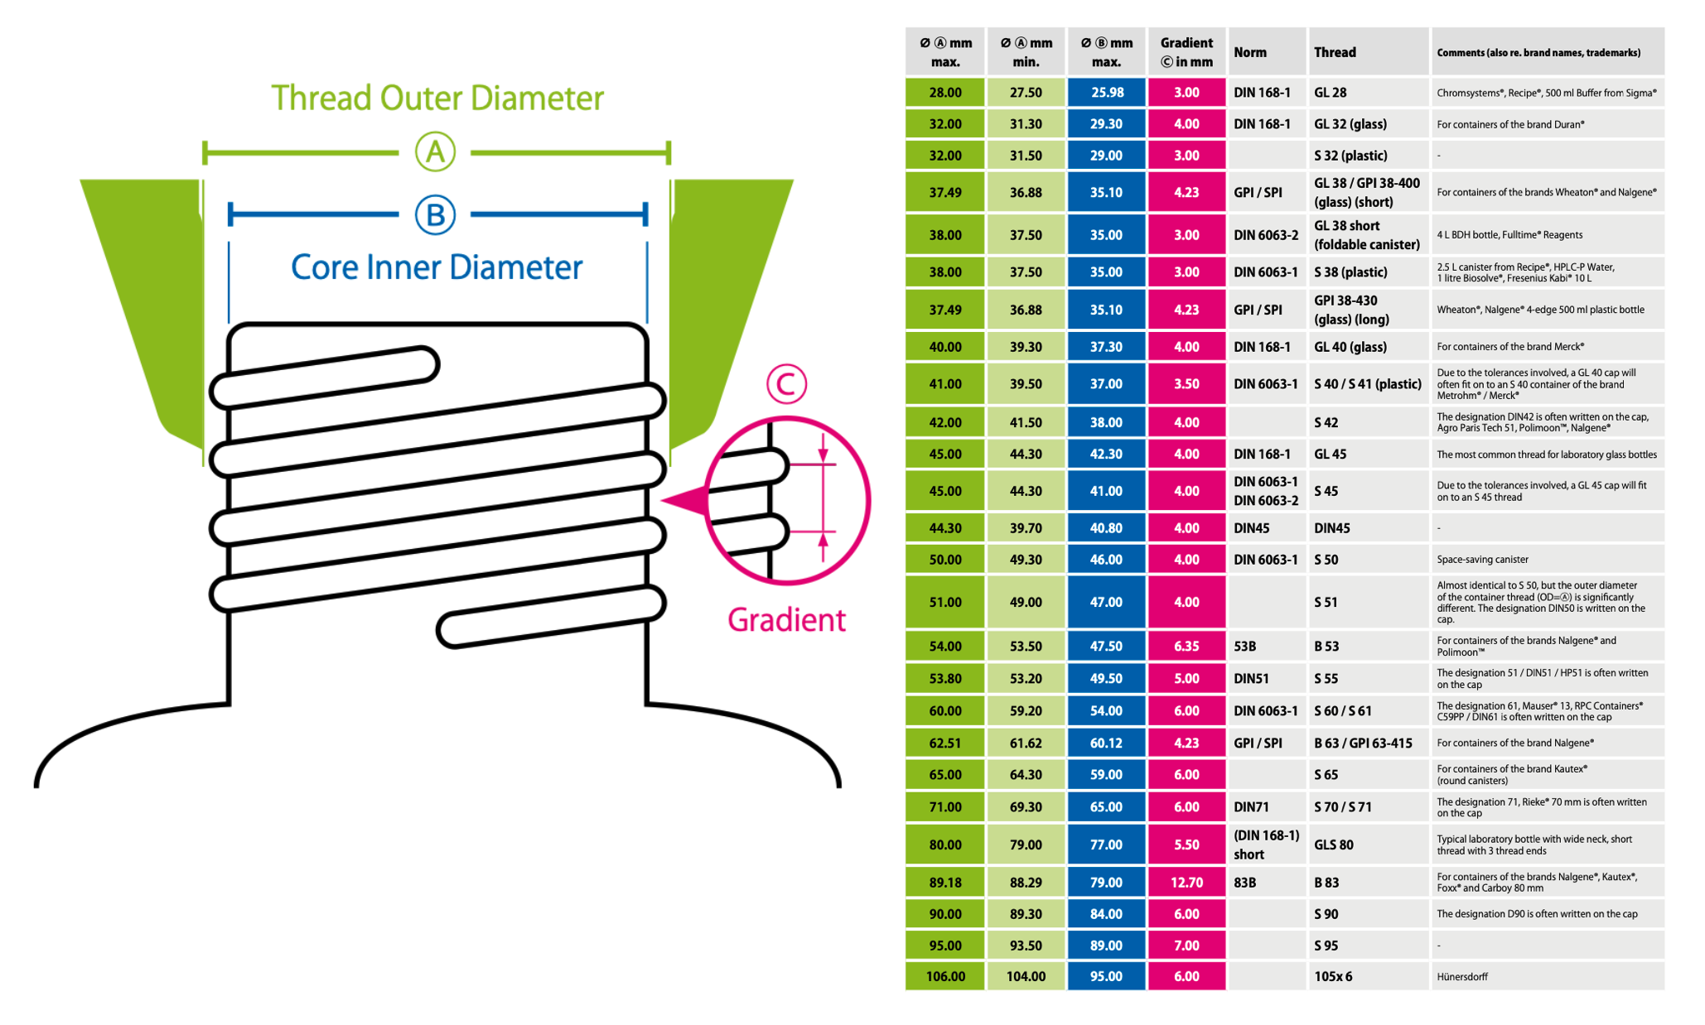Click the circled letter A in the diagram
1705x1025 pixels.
435,152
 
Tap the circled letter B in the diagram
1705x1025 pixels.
435,215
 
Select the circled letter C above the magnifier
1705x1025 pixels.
786,383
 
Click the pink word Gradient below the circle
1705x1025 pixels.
786,620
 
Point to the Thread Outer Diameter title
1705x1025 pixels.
437,98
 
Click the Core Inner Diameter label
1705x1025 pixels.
437,267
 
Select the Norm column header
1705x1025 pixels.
1250,52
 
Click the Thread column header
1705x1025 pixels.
1335,52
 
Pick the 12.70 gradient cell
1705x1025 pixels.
1186,883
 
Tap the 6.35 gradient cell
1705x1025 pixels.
1186,646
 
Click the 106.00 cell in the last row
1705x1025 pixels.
945,977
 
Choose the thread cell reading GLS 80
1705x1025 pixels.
1333,845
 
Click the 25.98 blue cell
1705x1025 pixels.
1107,93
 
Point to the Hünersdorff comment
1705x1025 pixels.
1462,977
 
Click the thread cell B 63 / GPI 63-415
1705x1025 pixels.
1363,743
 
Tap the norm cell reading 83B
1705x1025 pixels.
1245,883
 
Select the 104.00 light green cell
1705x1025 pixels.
1026,977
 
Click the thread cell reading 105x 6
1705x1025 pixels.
1333,977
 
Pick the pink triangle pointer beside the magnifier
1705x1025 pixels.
686,501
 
